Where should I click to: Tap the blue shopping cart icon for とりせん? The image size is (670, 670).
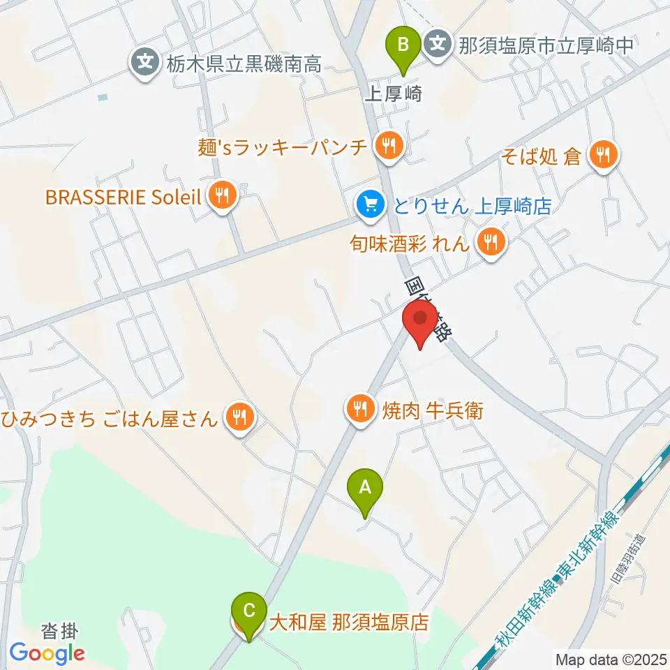[x=370, y=204]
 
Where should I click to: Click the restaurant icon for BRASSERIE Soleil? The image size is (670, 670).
[x=222, y=196]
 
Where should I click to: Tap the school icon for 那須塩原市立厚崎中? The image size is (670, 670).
[x=438, y=46]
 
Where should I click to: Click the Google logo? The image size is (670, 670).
[x=47, y=653]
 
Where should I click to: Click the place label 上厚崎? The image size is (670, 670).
[x=393, y=95]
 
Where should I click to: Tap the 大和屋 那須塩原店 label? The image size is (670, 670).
[x=348, y=621]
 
